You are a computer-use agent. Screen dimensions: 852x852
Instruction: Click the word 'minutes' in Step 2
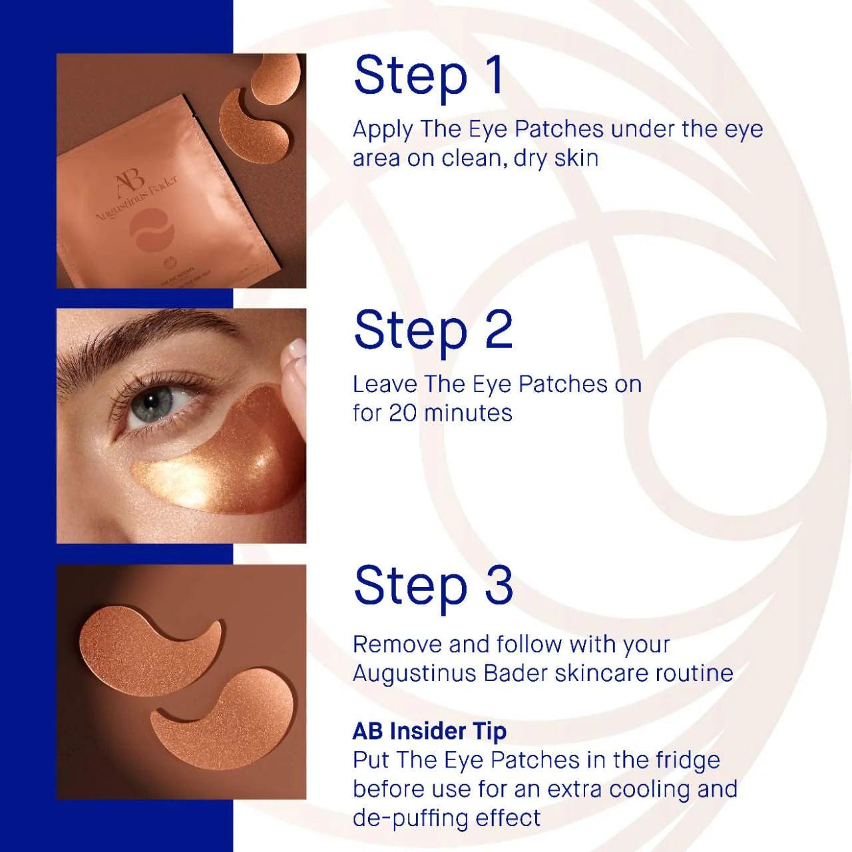[468, 413]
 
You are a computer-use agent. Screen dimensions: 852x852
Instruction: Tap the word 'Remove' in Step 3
[397, 644]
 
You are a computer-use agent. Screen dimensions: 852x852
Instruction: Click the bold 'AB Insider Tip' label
[429, 732]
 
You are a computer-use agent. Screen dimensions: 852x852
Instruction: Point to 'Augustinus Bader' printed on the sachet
[136, 199]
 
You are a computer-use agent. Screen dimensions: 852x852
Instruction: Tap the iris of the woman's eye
[150, 401]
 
